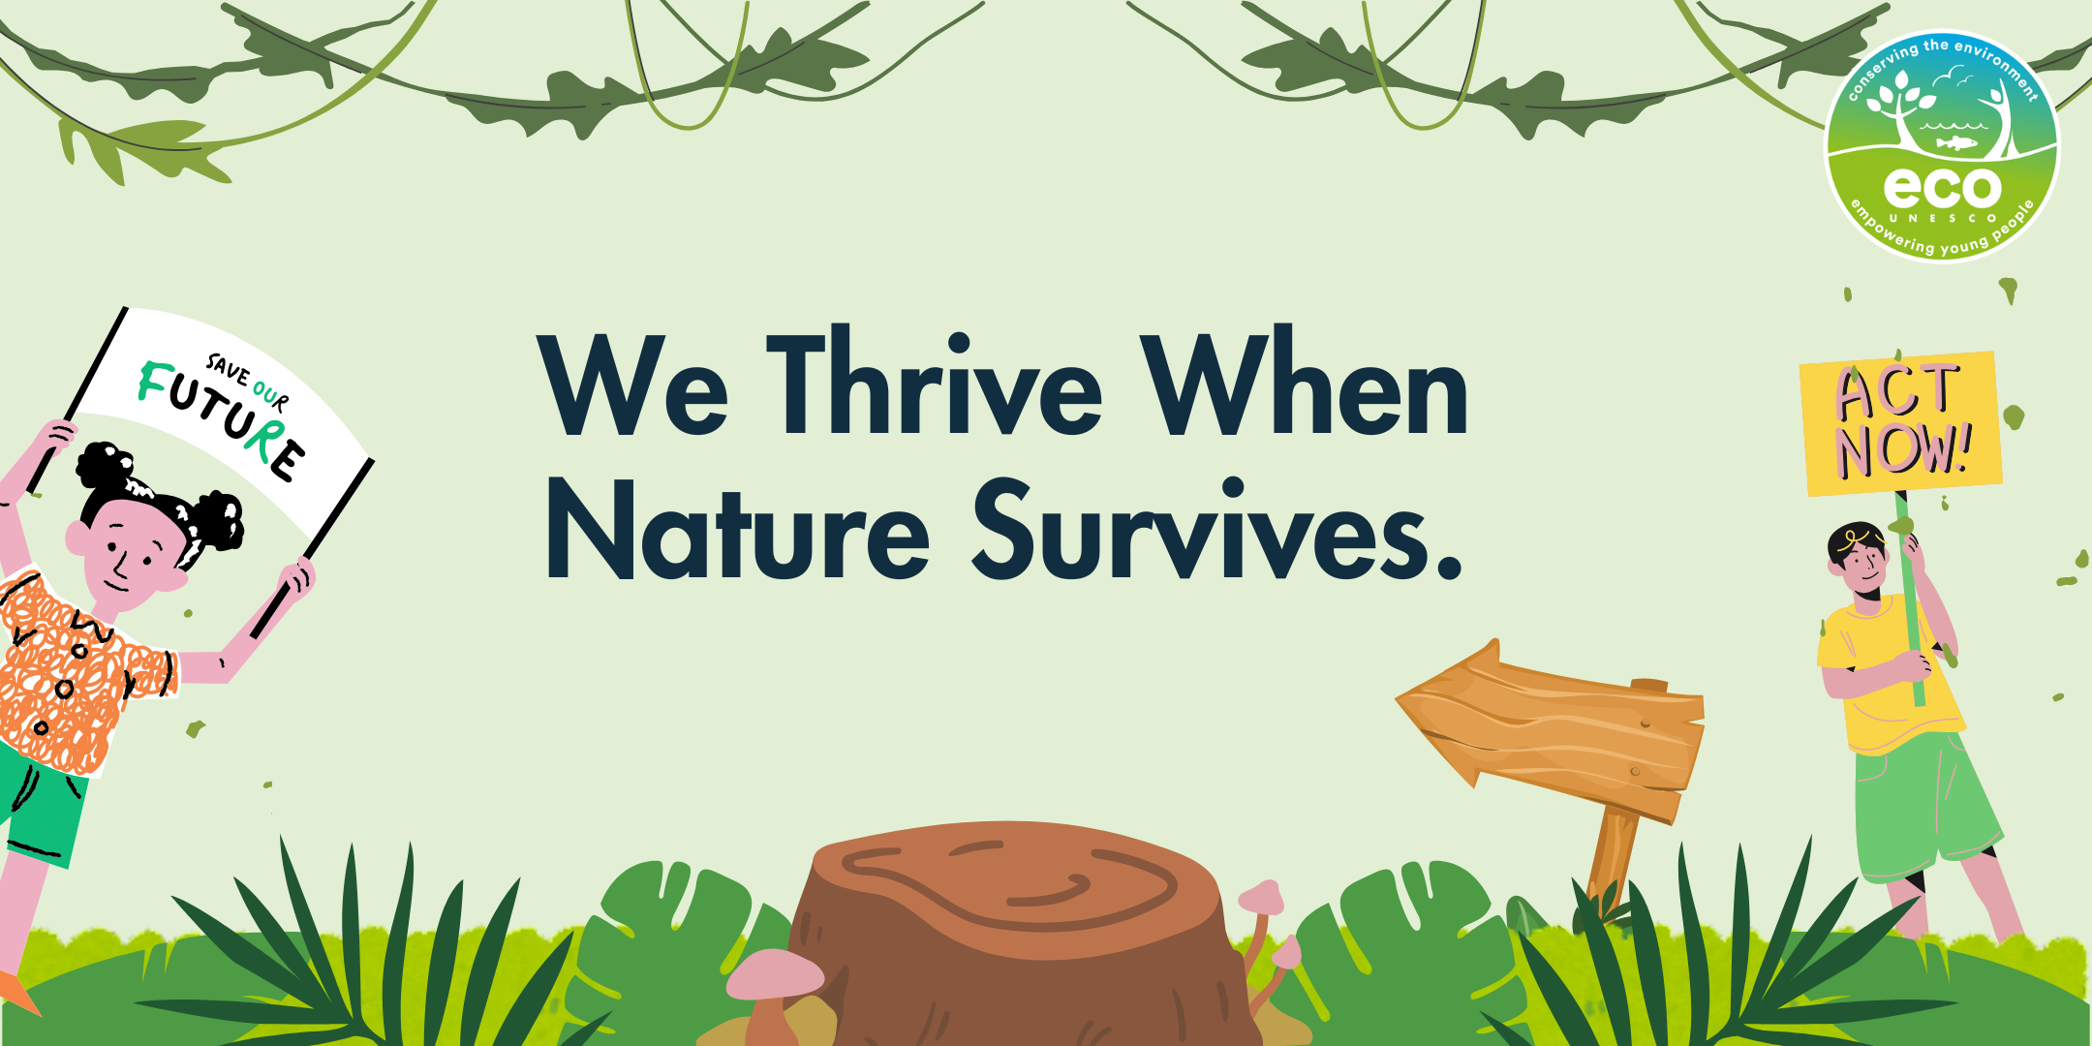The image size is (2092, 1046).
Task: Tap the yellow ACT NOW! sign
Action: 1900,423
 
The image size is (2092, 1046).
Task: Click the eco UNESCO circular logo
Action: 1942,146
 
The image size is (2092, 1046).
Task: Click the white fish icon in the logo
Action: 1956,143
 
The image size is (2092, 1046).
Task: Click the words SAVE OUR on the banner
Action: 247,383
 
